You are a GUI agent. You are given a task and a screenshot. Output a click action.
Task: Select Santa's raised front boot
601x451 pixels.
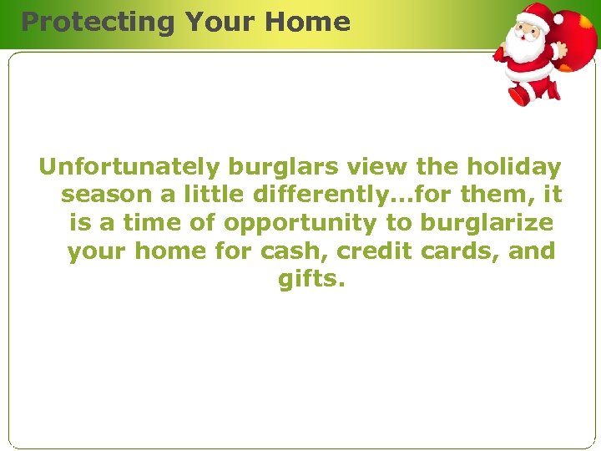pos(520,94)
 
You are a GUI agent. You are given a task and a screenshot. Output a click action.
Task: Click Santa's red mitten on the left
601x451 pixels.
pos(500,56)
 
